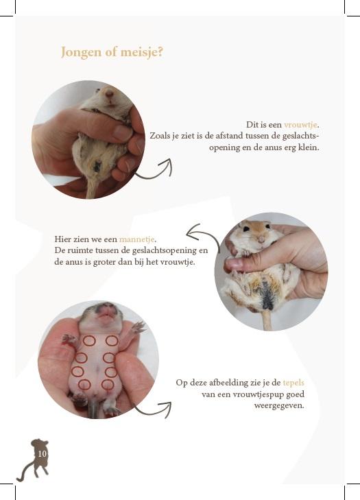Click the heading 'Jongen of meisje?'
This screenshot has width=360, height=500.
[112, 53]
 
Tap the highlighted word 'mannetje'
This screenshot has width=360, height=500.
[137, 239]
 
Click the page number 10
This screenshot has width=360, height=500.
[43, 453]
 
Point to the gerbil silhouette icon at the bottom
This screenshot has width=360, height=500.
[34, 459]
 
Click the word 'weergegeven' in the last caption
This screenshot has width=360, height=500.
[279, 405]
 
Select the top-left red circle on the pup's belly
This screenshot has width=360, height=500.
[88, 341]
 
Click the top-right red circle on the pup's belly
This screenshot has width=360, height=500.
[111, 340]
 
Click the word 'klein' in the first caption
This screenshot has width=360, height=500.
[308, 147]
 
